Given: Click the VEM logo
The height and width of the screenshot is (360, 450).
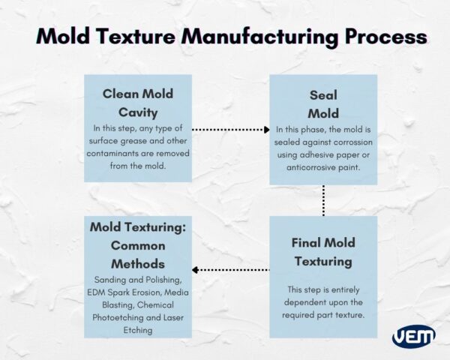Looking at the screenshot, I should click(x=412, y=337).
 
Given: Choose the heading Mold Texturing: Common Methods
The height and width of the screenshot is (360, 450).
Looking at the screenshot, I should click(x=137, y=244).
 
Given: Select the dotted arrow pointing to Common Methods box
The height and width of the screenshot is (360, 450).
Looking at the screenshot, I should click(x=229, y=270).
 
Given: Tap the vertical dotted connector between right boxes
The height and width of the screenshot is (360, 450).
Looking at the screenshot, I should click(x=323, y=200).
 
